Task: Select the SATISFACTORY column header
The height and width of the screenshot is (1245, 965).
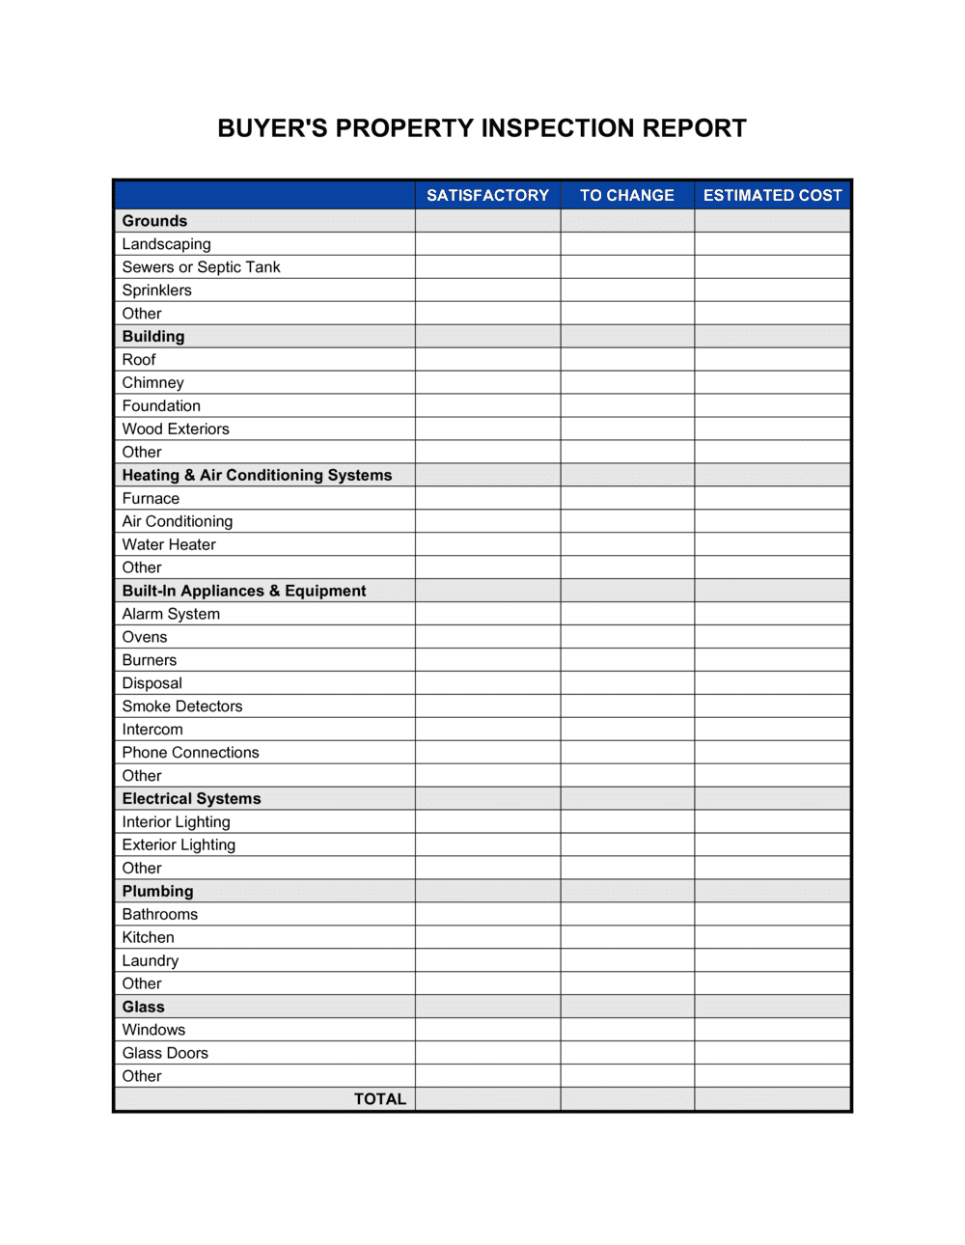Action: pyautogui.click(x=487, y=195)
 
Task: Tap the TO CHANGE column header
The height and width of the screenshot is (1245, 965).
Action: pyautogui.click(x=626, y=195)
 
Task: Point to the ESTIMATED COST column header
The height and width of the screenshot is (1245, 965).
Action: pyautogui.click(x=772, y=195)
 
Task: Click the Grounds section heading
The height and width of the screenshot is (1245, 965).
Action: pyautogui.click(x=154, y=221)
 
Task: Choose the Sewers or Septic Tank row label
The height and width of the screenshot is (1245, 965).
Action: pyautogui.click(x=201, y=267)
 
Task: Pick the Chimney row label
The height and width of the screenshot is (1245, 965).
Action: pyautogui.click(x=152, y=383)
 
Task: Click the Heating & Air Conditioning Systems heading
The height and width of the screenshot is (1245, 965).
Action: pyautogui.click(x=257, y=475)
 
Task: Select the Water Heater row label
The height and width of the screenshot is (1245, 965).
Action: pyautogui.click(x=169, y=544)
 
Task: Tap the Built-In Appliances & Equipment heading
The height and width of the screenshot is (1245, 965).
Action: pyautogui.click(x=244, y=591)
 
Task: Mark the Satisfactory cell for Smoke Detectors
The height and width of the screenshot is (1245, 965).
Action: pyautogui.click(x=487, y=706)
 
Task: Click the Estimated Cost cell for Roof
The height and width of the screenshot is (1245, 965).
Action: pyautogui.click(x=772, y=360)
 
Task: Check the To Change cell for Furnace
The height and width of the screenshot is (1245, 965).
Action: pyautogui.click(x=626, y=499)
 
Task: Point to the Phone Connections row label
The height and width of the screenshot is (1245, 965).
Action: pyautogui.click(x=190, y=753)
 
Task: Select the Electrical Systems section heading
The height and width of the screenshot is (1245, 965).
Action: pyautogui.click(x=191, y=799)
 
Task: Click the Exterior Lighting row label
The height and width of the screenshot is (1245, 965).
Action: pyautogui.click(x=179, y=845)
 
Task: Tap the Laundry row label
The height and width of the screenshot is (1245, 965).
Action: pyautogui.click(x=150, y=960)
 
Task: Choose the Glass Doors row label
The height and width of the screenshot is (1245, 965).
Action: pyautogui.click(x=165, y=1053)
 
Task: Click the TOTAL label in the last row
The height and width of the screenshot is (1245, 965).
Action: pyautogui.click(x=379, y=1099)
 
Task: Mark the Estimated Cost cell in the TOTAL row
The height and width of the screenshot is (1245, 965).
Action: pyautogui.click(x=772, y=1099)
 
